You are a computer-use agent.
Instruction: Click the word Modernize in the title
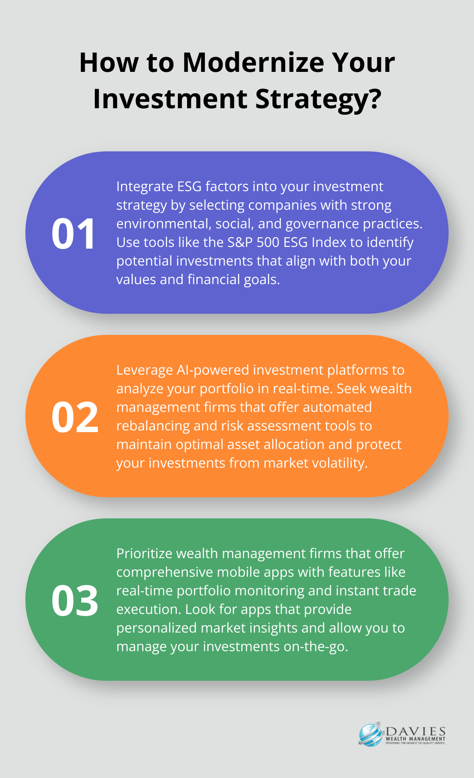coord(253,63)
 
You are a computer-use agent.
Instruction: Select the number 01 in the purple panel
coord(74,233)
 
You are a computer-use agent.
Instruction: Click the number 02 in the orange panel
coord(75,417)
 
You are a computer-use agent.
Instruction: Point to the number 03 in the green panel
coord(75,600)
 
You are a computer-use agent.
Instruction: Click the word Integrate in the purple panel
coord(145,187)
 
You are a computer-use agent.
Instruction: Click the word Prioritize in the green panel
coord(144,554)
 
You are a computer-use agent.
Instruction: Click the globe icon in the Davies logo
coord(371,734)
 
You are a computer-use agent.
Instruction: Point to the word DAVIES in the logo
coord(416,732)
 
